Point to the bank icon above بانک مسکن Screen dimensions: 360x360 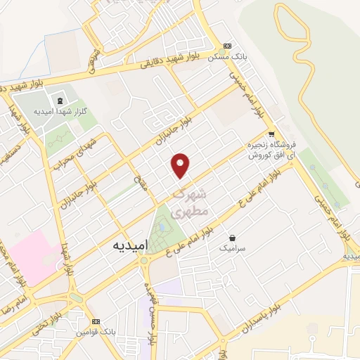(x=226, y=44)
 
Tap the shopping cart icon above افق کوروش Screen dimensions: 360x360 (x=271, y=134)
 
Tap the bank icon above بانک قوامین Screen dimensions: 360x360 (x=106, y=319)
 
